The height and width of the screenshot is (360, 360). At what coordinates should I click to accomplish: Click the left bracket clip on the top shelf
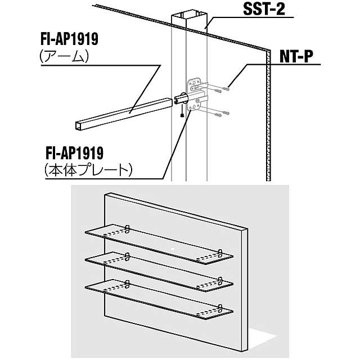tap(128, 228)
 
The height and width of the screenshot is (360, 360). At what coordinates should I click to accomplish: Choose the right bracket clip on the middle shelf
tap(220, 281)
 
